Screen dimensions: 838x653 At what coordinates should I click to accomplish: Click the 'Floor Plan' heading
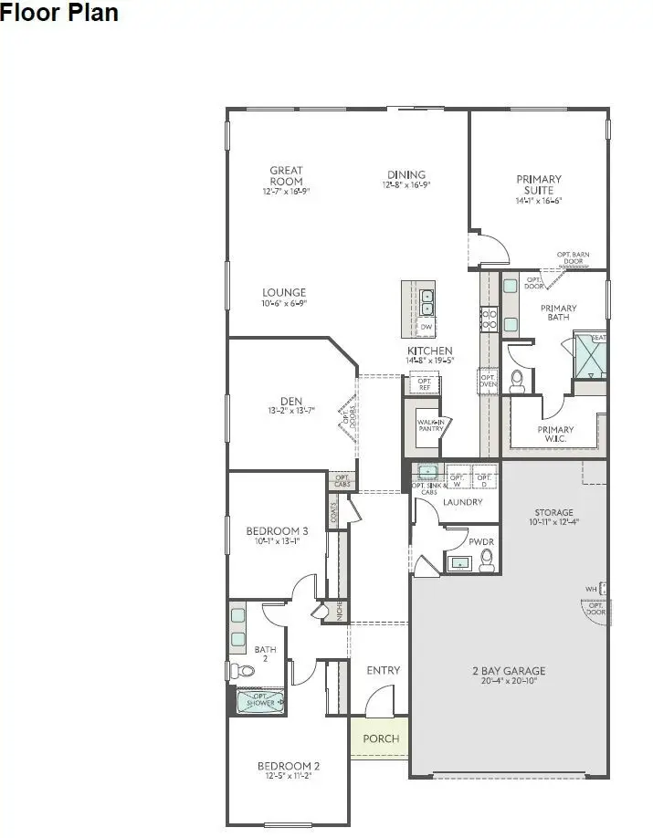coord(59,14)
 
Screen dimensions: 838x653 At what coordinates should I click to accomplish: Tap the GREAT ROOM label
coord(286,175)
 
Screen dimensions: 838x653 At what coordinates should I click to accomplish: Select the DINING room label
coord(405,174)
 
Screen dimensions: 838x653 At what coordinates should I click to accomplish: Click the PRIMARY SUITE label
coord(539,185)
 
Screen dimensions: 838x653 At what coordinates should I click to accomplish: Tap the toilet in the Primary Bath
coord(518,381)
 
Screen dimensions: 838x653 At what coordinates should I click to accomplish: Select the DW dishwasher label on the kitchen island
coord(427,327)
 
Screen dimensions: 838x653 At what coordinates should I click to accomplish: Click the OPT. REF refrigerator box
coord(424,383)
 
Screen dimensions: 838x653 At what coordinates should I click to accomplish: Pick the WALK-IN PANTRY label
coord(430,426)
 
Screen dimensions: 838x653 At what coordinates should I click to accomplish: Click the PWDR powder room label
coord(481,542)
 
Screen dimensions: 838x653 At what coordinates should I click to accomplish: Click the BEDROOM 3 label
coord(277,530)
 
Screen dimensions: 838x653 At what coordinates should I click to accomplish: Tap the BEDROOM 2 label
coord(288,766)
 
